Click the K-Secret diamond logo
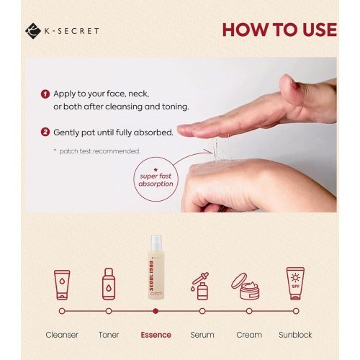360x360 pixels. click(x=33, y=31)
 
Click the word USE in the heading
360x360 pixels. click(x=320, y=30)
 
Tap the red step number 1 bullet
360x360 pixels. click(x=45, y=94)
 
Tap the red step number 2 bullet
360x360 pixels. click(x=45, y=132)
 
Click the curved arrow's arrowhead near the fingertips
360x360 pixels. click(x=210, y=151)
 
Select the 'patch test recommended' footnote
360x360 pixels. click(x=96, y=151)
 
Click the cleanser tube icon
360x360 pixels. click(x=62, y=285)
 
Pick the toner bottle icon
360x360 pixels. click(x=109, y=284)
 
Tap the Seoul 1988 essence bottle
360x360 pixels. click(x=156, y=267)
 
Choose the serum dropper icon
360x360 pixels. click(x=200, y=286)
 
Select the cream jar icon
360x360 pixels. click(x=246, y=287)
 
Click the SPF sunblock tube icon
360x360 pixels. click(x=295, y=284)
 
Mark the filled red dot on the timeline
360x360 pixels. click(x=156, y=311)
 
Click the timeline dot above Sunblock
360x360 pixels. click(x=296, y=311)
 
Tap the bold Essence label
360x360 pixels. click(x=156, y=335)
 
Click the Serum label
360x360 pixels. click(x=202, y=335)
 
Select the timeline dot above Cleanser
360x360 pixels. click(x=62, y=311)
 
